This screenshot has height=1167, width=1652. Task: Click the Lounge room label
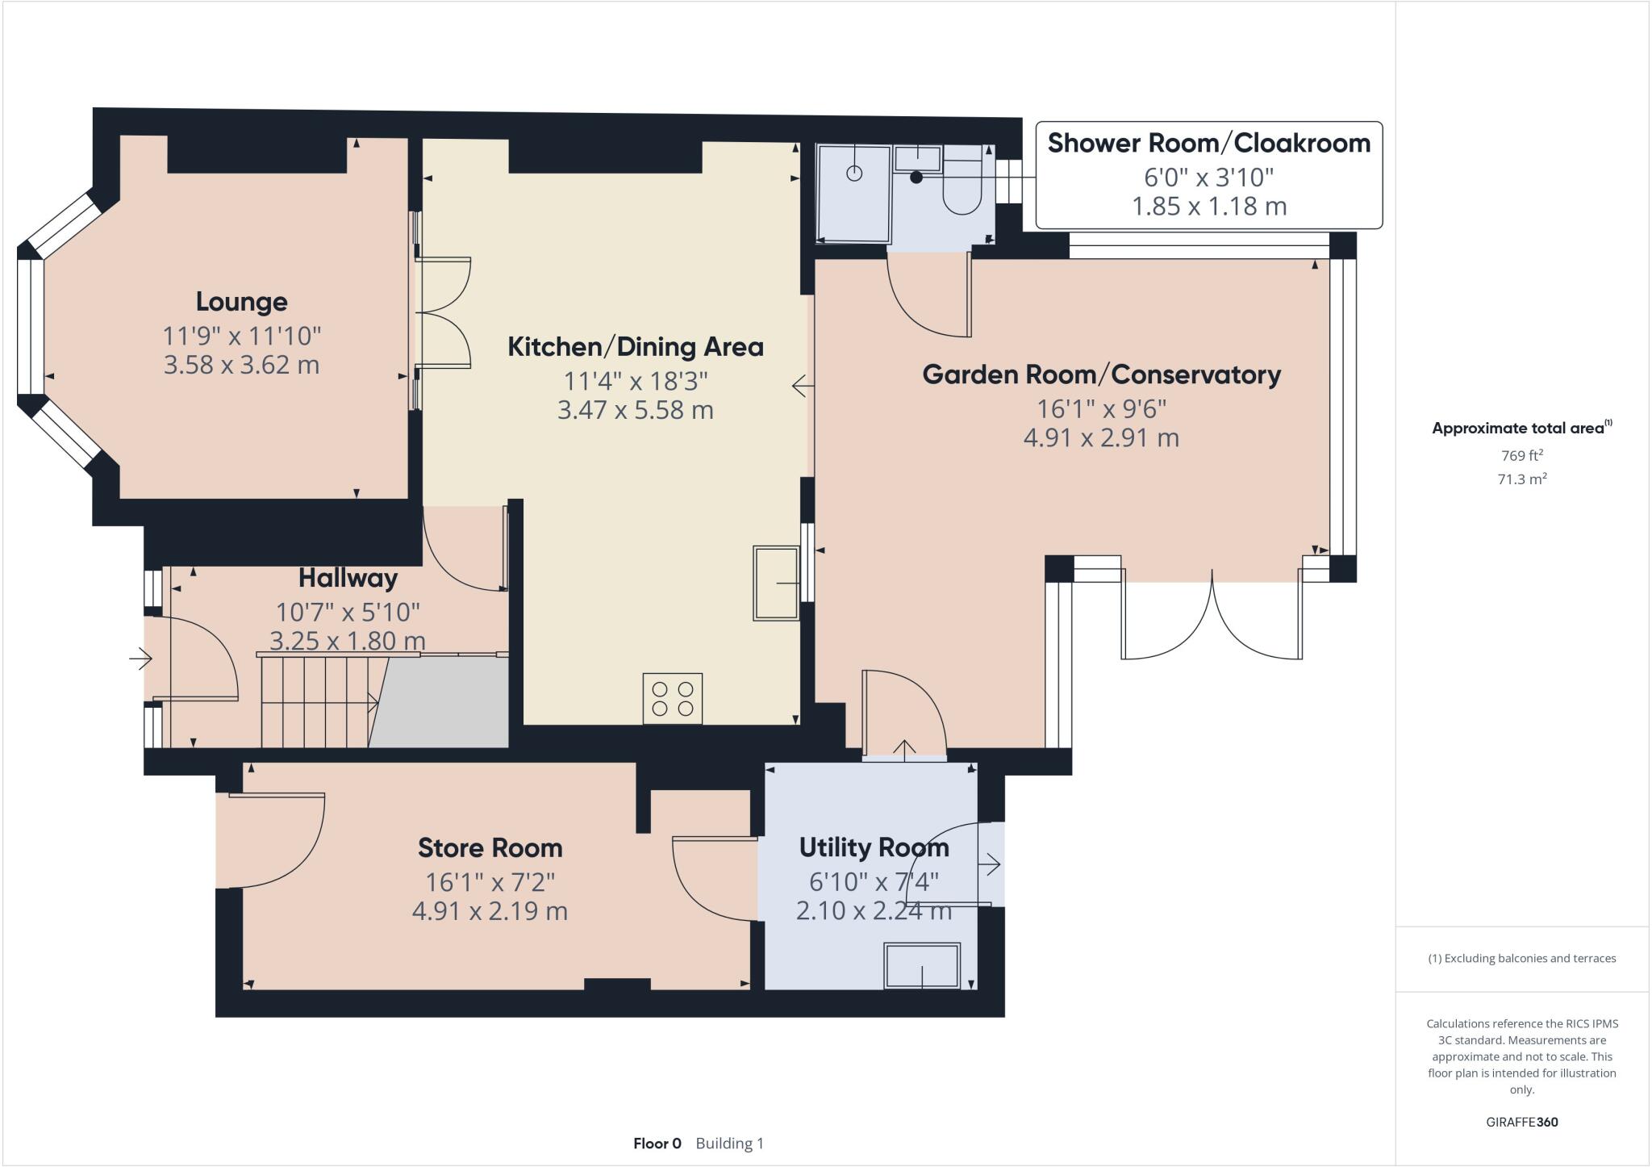[x=241, y=302]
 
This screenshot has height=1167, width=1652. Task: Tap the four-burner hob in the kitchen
[x=673, y=698]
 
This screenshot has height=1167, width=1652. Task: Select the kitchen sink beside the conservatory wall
[x=776, y=583]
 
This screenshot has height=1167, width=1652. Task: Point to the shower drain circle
[x=854, y=173]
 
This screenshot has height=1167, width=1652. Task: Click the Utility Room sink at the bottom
[x=922, y=965]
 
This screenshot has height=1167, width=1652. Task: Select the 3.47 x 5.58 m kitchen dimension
[x=635, y=410]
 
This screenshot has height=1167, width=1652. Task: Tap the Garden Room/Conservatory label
[x=1101, y=374]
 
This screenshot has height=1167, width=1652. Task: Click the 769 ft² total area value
[x=1521, y=454]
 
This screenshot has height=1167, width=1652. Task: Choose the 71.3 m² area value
[x=1521, y=479]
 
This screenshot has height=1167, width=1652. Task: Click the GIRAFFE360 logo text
[x=1521, y=1122]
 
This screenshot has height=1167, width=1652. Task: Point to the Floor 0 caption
[x=657, y=1143]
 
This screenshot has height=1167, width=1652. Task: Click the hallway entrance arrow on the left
[x=140, y=659]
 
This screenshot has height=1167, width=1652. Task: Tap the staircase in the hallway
[x=319, y=702]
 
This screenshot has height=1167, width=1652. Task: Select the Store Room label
[x=490, y=847]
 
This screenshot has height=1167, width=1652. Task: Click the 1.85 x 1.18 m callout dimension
[x=1208, y=207]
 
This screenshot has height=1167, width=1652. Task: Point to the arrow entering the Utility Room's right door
[x=990, y=865]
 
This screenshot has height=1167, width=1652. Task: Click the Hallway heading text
[x=348, y=578]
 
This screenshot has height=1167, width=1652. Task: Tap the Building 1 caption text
[x=729, y=1143]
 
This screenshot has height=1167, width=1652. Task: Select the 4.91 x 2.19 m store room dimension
[x=490, y=911]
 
